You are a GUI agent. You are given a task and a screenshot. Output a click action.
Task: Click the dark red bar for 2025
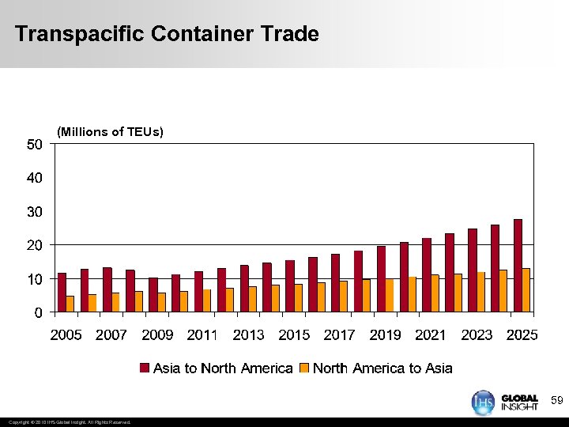(x=518, y=266)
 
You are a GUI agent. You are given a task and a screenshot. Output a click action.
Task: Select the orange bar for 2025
(x=526, y=290)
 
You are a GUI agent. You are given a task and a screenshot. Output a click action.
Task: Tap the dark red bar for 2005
(x=62, y=293)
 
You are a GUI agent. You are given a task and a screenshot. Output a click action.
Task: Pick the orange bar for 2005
(x=70, y=304)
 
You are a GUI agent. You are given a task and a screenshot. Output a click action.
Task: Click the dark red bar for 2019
(x=381, y=279)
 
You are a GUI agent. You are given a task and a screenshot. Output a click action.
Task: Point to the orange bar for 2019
(x=389, y=295)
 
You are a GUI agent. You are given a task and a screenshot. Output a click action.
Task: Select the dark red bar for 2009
(x=153, y=295)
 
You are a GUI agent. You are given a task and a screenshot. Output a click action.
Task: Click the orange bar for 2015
(x=297, y=298)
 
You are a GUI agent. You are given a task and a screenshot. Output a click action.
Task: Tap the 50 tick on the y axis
(x=34, y=144)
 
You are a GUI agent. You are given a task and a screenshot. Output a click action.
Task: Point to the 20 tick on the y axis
(x=34, y=245)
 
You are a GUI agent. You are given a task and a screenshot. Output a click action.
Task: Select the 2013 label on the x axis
(x=248, y=335)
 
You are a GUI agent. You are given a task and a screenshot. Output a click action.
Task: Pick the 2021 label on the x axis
(x=431, y=335)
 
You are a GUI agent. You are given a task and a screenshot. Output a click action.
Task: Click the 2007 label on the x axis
(x=111, y=335)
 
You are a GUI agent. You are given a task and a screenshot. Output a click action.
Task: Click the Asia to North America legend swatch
(x=145, y=368)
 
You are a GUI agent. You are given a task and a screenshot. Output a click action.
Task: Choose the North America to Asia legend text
(x=382, y=368)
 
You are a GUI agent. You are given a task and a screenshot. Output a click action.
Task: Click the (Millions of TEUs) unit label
(x=111, y=132)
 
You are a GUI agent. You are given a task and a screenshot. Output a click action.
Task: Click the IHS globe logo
(x=483, y=402)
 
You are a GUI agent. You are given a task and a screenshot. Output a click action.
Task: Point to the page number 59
(x=556, y=402)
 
